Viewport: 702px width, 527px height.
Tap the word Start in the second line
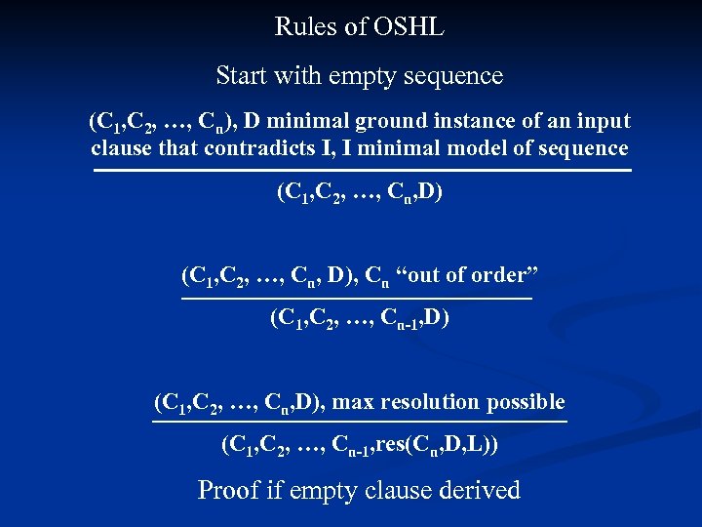[x=243, y=75]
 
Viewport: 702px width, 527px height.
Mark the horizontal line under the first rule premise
[x=362, y=172]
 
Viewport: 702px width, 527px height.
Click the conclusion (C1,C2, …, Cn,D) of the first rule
[x=361, y=192]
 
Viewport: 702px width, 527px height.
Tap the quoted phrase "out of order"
[x=464, y=275]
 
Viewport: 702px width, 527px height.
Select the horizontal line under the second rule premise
[x=357, y=298]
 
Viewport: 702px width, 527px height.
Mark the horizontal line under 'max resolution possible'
[x=359, y=423]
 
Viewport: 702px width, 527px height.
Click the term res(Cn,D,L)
[x=438, y=446]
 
